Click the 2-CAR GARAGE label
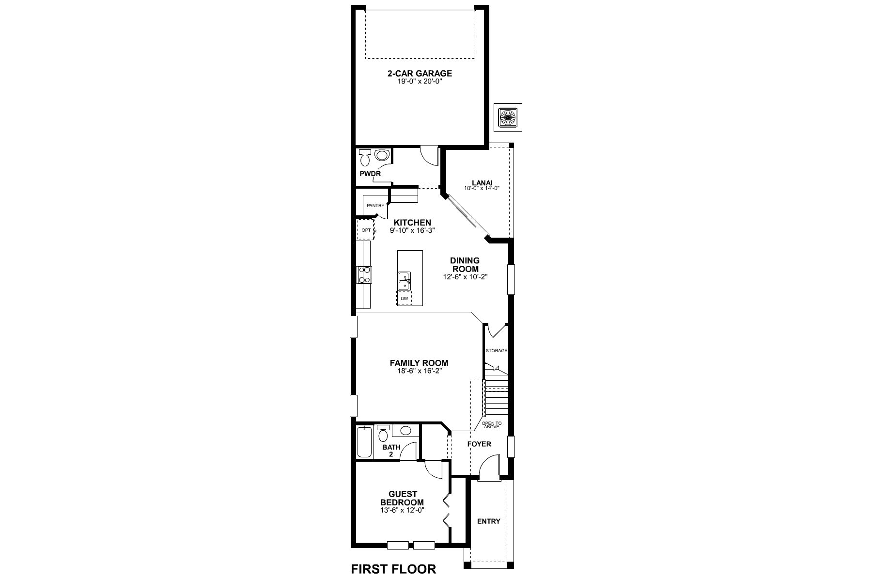click(x=420, y=74)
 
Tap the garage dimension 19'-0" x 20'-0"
click(x=420, y=82)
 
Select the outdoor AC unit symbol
click(x=508, y=117)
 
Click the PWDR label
click(x=370, y=174)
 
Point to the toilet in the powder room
click(x=365, y=158)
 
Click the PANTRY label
click(x=375, y=206)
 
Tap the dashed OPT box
click(x=366, y=230)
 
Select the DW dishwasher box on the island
click(x=405, y=298)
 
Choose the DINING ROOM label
click(x=465, y=265)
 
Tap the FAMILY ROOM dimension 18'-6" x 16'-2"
click(x=419, y=371)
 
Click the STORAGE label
click(x=497, y=350)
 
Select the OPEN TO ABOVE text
click(x=492, y=425)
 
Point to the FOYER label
click(x=479, y=444)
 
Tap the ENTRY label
click(x=488, y=521)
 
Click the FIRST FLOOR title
click(x=393, y=569)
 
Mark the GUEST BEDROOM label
click(x=402, y=499)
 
